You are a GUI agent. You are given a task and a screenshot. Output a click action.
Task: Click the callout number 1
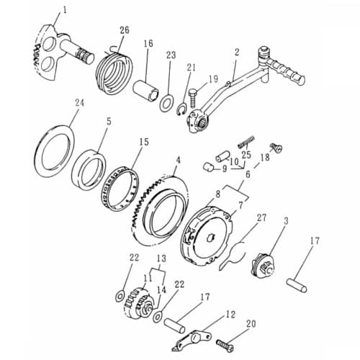[x=64, y=9]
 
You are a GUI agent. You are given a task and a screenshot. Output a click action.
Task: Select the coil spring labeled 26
[x=116, y=69]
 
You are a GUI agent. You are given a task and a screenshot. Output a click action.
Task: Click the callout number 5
[x=108, y=122]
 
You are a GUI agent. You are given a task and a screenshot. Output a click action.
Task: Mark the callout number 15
[x=144, y=142]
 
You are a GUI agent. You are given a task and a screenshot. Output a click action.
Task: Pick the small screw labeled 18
[x=276, y=148]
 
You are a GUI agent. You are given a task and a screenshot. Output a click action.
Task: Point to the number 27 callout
[x=261, y=217]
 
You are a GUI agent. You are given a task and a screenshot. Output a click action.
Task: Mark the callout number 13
[x=160, y=258]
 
